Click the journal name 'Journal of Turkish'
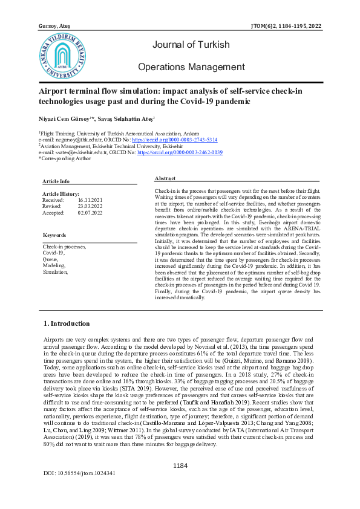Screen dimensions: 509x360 [x=191, y=45]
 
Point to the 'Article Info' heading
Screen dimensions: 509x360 [x=56, y=181]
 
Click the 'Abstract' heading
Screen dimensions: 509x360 [x=165, y=179]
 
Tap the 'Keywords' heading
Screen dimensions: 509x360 [x=54, y=235]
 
